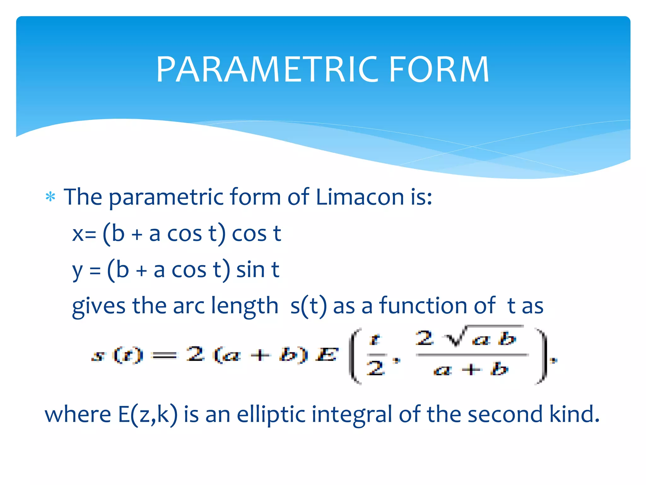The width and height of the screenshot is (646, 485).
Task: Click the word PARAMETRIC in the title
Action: [x=267, y=69]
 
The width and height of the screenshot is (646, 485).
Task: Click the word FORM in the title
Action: [x=439, y=69]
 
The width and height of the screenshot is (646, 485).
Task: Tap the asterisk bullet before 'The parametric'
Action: [x=50, y=197]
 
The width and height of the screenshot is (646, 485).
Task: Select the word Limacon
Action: [x=360, y=197]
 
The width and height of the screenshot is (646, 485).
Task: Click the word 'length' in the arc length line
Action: [x=244, y=306]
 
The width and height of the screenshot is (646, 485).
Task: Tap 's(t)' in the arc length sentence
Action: [x=308, y=306]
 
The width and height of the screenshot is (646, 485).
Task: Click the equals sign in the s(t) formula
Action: [x=164, y=356]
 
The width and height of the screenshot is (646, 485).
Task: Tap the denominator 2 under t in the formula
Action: [x=375, y=368]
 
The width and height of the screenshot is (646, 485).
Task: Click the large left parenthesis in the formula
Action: [x=355, y=356]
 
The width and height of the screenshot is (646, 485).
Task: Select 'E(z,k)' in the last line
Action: [x=147, y=414]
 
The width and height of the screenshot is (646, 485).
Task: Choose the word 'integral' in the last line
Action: [x=352, y=414]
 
